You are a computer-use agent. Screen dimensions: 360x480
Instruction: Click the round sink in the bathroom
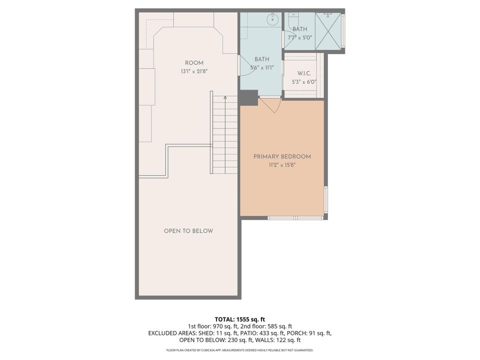pos(272,20)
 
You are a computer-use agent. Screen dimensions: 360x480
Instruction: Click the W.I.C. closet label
pos(304,73)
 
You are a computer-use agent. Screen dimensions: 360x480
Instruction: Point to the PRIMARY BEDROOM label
pos(282,156)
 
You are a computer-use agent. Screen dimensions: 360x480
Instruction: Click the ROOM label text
pos(194,62)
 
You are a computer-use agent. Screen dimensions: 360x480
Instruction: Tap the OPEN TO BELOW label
pos(188,231)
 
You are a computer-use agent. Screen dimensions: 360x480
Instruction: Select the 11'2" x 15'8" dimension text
pos(282,164)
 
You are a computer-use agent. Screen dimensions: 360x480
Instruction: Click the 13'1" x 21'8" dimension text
pos(194,71)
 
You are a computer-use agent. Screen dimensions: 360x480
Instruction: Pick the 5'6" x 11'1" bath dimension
pos(262,68)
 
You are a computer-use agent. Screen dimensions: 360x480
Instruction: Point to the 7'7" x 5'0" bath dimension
pos(300,37)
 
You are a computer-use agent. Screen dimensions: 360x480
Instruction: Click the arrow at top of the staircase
pos(225,98)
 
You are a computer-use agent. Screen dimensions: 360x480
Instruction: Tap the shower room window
pos(343,31)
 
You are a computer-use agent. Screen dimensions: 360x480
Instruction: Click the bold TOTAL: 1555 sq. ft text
pos(239,318)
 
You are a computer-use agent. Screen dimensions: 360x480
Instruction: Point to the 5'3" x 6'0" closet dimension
pos(304,82)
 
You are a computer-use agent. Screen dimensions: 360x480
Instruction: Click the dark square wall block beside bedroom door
pos(248,98)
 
